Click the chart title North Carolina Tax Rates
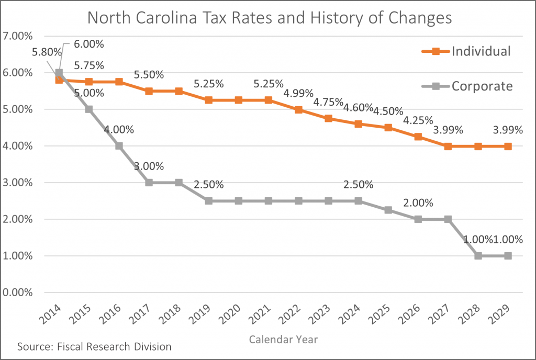click(x=269, y=18)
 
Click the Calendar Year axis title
click(x=283, y=340)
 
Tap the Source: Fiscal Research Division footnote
click(x=94, y=346)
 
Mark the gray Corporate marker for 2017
click(x=149, y=183)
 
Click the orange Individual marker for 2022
click(x=298, y=110)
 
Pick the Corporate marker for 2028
click(x=478, y=256)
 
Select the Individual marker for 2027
click(x=448, y=147)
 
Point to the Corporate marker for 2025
click(x=388, y=210)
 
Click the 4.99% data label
click(x=298, y=94)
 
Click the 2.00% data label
click(x=418, y=203)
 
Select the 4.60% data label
click(x=358, y=108)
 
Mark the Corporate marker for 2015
click(x=89, y=109)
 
